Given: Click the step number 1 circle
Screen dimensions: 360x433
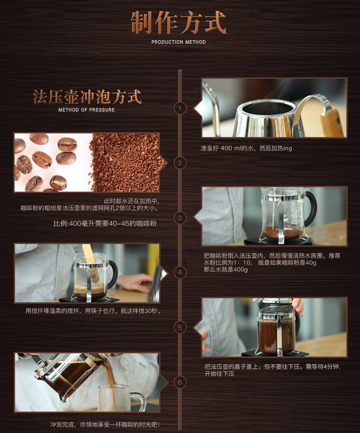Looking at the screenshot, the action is [x=180, y=108].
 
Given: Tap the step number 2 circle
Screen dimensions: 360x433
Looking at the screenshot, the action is [x=180, y=163].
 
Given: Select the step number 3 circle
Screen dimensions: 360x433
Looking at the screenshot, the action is [x=180, y=218].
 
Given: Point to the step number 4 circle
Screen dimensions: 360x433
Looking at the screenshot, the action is [x=180, y=272].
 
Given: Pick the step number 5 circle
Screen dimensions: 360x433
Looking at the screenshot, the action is [x=180, y=328].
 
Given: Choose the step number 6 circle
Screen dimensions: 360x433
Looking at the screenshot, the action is [x=180, y=382].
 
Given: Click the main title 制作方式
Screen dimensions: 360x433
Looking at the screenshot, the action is [x=179, y=23].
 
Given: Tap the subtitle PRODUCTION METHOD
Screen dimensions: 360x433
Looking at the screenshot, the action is [x=179, y=42].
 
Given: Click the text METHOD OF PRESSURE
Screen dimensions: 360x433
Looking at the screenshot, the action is [x=86, y=110].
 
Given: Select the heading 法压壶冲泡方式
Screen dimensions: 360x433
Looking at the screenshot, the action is [x=87, y=97].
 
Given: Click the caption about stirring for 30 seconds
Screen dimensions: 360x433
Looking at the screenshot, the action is [x=93, y=311].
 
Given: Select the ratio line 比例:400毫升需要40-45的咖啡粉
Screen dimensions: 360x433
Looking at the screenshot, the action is [x=105, y=223].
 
